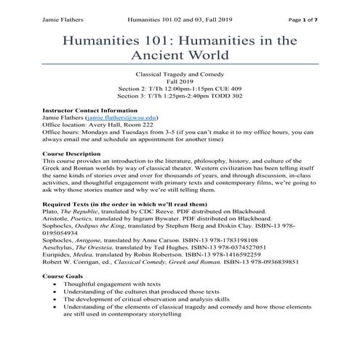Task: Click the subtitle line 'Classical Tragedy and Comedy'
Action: coord(180,76)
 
